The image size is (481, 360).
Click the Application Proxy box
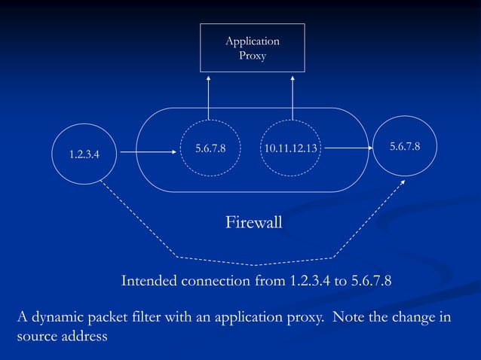click(x=252, y=47)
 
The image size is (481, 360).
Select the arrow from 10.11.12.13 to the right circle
click(x=348, y=148)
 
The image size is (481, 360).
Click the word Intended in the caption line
click(x=149, y=282)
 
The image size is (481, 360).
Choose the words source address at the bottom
click(x=63, y=336)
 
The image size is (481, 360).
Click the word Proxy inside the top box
click(x=253, y=55)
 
